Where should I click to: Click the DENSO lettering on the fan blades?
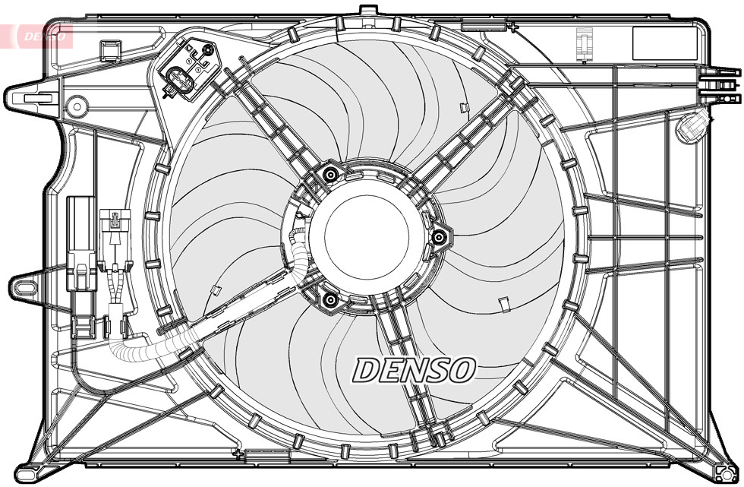click(414, 370)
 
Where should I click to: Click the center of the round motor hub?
click(359, 236)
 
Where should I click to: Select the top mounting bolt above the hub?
click(329, 176)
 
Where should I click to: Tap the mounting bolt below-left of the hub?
click(329, 302)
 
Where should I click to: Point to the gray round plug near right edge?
click(691, 127)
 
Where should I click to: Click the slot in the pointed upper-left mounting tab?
click(38, 97)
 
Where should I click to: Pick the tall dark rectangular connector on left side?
click(80, 243)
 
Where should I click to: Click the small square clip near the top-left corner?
click(111, 51)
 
